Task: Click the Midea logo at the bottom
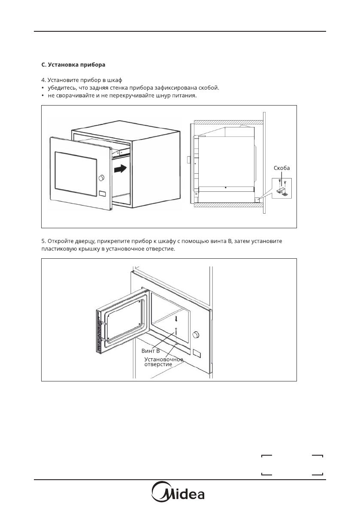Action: pos(179,494)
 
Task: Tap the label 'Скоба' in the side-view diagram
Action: pos(281,168)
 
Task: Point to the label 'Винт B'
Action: pos(151,351)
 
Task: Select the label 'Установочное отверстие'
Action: pos(163,361)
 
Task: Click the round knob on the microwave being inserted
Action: pos(102,178)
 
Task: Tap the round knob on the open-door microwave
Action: pos(197,334)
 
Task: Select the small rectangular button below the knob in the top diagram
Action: pos(102,194)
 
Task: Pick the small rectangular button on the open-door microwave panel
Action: pos(197,354)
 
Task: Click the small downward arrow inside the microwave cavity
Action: pos(176,319)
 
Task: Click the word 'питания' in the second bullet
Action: pos(186,96)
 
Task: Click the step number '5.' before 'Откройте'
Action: pos(44,242)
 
